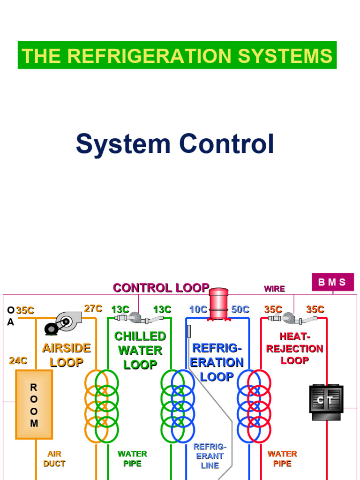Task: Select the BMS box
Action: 332,282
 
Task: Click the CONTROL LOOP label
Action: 161,288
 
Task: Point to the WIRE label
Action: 274,289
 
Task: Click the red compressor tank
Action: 218,304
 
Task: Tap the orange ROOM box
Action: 34,404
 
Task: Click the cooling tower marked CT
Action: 326,399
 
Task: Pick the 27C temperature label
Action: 93,308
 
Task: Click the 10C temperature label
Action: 198,309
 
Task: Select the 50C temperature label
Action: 240,309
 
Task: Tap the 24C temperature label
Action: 18,361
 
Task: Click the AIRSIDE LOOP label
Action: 66,355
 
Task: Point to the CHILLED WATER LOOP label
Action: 140,350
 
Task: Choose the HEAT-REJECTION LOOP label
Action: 294,348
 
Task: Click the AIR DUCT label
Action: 54,458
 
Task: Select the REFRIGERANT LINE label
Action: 210,456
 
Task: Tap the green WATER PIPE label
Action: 132,458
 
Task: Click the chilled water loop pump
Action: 136,318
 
